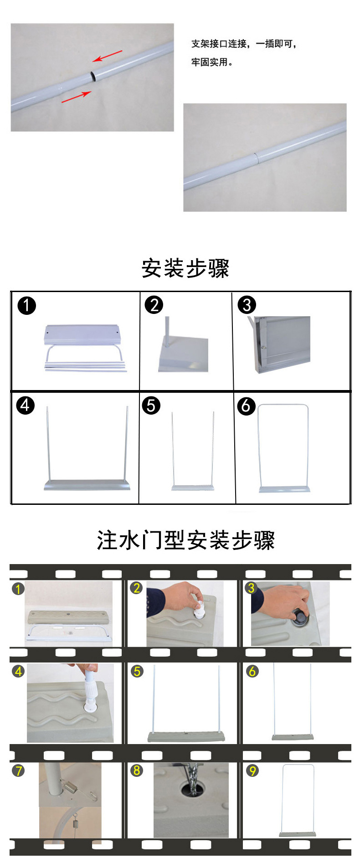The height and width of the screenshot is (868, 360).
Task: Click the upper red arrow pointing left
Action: [x=108, y=56]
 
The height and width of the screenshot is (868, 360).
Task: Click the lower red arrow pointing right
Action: [x=76, y=97]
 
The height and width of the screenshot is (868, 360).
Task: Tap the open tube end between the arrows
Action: [x=93, y=75]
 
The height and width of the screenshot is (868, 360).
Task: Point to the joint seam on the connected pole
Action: [x=256, y=158]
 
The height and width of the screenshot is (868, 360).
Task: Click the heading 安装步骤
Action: [x=185, y=268]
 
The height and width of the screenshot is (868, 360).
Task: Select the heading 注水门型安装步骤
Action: [x=185, y=540]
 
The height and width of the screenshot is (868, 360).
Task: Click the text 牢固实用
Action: [x=212, y=62]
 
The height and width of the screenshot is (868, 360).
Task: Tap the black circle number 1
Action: [x=26, y=305]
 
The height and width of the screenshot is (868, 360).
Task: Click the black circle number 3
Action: [x=247, y=305]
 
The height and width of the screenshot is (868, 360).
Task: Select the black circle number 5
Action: [x=151, y=406]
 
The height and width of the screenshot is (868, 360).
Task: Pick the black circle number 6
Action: [x=246, y=405]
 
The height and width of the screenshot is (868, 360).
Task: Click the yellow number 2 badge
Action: [x=136, y=588]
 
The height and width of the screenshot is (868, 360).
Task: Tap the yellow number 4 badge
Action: [x=18, y=671]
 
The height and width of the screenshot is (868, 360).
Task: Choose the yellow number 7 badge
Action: [x=18, y=770]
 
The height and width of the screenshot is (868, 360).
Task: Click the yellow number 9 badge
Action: [x=252, y=770]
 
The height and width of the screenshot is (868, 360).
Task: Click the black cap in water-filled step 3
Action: [x=301, y=617]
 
